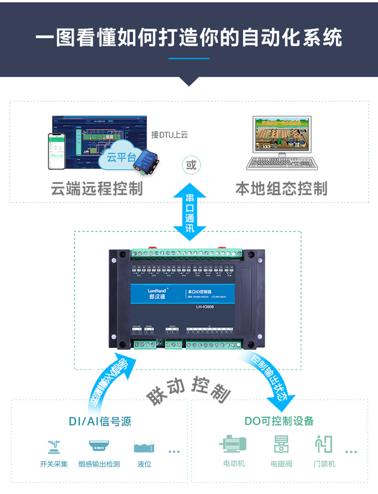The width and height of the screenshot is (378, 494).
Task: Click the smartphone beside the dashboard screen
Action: (57, 151)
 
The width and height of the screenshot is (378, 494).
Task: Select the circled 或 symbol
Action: (191, 164)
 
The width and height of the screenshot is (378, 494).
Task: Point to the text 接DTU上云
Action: (169, 135)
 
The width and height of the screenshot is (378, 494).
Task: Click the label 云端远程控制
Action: (97, 189)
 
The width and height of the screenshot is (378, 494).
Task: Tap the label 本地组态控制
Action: (281, 189)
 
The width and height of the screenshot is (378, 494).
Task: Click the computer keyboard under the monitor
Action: (281, 163)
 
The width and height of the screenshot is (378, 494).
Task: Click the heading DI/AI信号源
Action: (100, 421)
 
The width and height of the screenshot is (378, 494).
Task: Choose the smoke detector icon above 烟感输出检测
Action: (99, 446)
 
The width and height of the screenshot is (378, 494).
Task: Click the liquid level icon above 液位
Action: (144, 446)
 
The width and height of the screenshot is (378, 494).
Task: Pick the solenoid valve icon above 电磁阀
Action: (281, 444)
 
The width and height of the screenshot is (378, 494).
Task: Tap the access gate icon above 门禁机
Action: (324, 444)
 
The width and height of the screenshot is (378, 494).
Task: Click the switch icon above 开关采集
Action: (53, 446)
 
